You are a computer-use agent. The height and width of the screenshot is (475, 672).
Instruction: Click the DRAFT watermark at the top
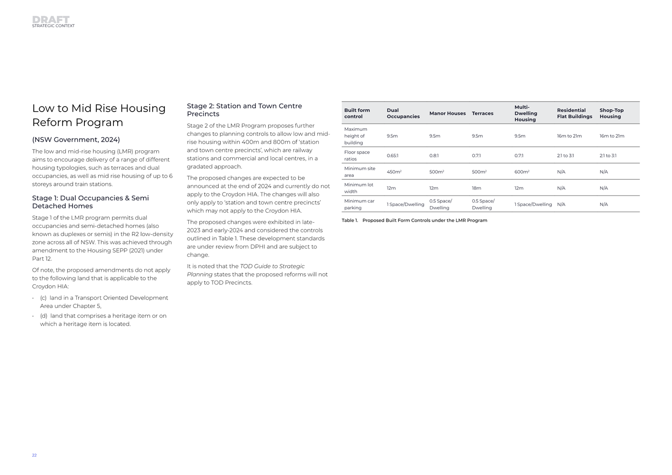(51, 20)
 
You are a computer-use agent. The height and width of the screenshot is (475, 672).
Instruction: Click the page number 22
(34, 455)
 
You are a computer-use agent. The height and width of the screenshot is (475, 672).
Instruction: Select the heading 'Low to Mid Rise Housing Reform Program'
(99, 115)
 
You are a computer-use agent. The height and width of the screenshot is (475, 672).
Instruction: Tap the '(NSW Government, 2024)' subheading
(76, 140)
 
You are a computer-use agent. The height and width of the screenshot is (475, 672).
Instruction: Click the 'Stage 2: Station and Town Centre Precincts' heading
(244, 110)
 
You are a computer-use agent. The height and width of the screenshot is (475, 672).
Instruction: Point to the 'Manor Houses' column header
(447, 114)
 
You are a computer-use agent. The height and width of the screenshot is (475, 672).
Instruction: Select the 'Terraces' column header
(482, 114)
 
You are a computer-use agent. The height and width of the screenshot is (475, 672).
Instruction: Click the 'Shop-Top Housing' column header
(611, 114)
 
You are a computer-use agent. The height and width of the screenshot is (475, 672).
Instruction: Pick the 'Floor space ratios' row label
(357, 155)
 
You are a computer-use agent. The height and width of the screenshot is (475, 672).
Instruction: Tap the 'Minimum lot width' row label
(358, 188)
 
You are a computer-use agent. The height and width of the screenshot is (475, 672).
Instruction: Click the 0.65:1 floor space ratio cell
(392, 156)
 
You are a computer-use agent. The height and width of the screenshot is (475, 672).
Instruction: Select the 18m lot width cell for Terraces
(476, 188)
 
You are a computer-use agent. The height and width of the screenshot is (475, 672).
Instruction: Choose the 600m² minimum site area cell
(521, 172)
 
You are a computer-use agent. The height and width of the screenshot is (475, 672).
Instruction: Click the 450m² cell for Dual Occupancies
(394, 172)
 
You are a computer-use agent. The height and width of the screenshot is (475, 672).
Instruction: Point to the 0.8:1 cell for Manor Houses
(434, 156)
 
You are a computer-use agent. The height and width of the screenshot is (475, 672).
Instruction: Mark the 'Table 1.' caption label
(349, 220)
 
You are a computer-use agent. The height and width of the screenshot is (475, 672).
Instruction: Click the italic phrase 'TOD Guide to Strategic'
(272, 266)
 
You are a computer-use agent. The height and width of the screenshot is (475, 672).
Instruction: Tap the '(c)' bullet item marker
(43, 298)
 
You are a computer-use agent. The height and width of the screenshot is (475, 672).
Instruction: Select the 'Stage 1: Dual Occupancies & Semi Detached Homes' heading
(90, 202)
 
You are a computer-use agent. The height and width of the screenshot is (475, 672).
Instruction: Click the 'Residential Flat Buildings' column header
(574, 114)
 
